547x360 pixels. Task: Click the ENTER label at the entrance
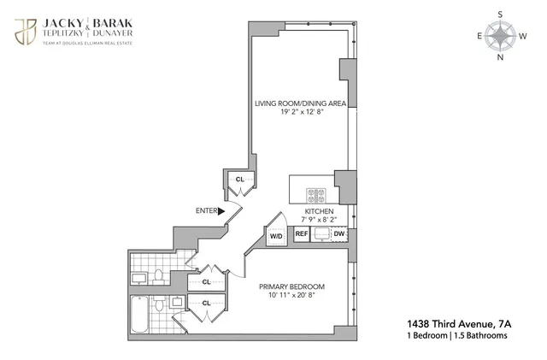(x=206, y=210)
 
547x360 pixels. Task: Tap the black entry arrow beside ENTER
(x=222, y=210)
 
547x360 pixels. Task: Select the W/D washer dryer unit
(x=276, y=235)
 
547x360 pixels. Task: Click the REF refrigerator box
(x=302, y=233)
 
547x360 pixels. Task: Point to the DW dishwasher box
(x=339, y=233)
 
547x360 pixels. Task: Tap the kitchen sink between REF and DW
(x=321, y=233)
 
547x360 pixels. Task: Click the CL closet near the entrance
(x=240, y=180)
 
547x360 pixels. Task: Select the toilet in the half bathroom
(x=159, y=275)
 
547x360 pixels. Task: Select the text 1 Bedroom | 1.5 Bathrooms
(x=457, y=336)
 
